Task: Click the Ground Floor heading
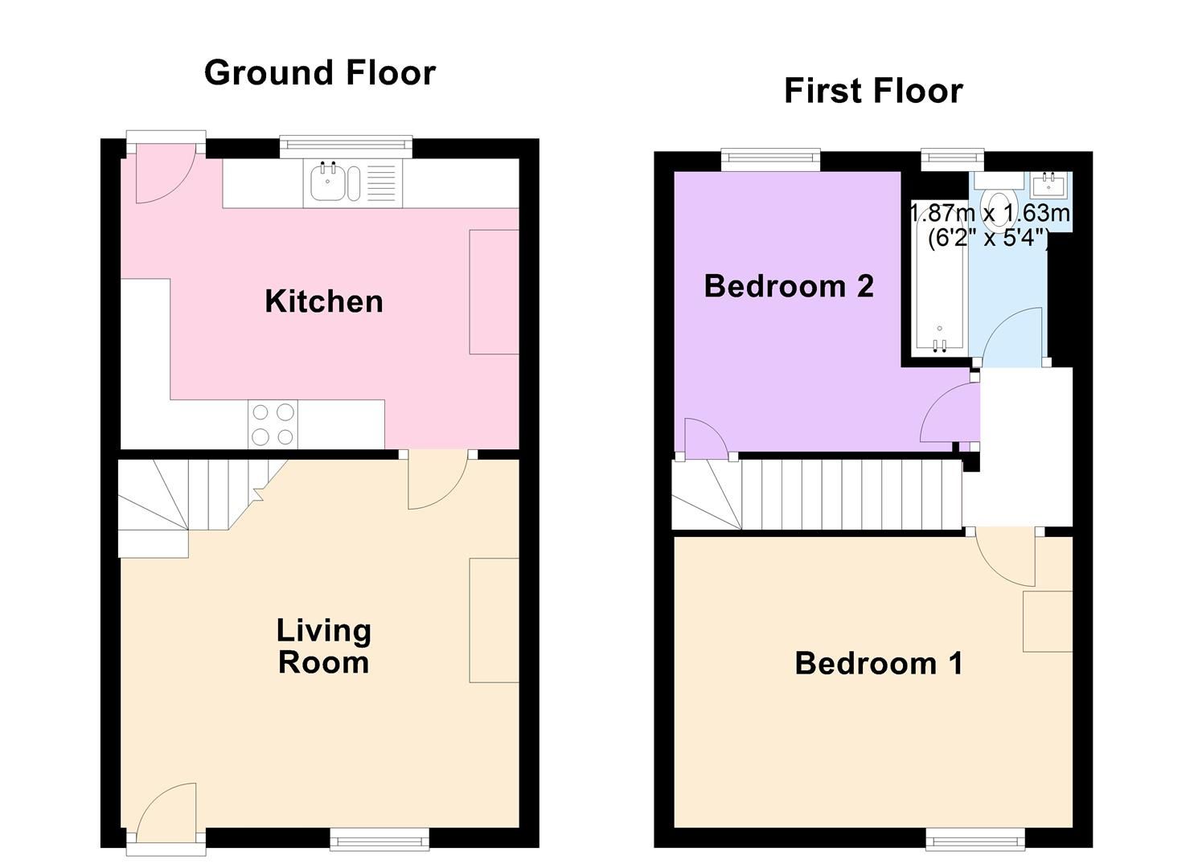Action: (319, 73)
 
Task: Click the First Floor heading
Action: (873, 91)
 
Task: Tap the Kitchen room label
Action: (324, 301)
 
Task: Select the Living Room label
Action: (323, 646)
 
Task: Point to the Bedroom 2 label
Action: (789, 286)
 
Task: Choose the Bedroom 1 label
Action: (878, 663)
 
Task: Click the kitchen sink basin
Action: (327, 183)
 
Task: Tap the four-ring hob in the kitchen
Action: (273, 424)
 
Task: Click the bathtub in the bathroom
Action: (938, 277)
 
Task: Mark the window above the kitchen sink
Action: (346, 145)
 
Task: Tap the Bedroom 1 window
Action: (974, 840)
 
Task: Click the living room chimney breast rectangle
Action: (494, 620)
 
